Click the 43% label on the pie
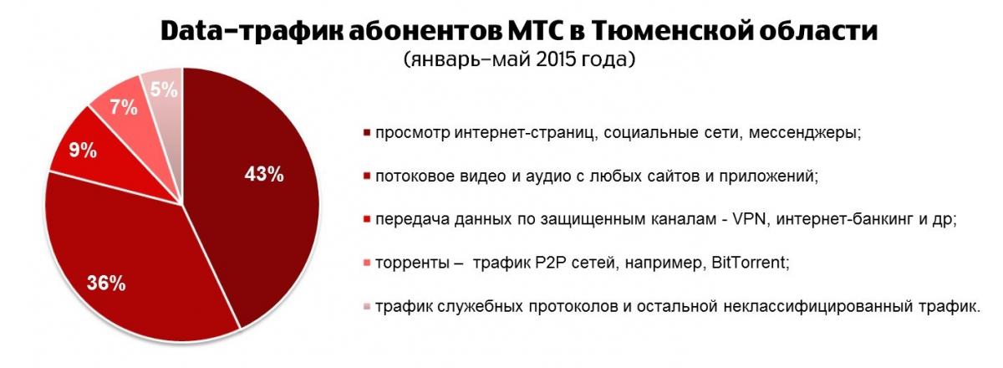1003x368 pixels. click(x=264, y=174)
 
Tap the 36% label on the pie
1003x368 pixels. click(x=106, y=284)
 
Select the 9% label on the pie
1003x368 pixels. click(x=83, y=151)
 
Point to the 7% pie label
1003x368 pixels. click(x=124, y=108)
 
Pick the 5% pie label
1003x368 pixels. click(x=164, y=89)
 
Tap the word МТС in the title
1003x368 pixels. click(x=534, y=31)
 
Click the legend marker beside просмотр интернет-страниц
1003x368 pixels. click(x=368, y=133)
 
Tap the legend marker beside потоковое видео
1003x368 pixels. click(x=368, y=176)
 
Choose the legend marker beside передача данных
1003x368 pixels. click(x=368, y=220)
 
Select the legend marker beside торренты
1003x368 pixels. click(x=368, y=263)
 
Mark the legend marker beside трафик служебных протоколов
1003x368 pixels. click(x=368, y=307)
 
